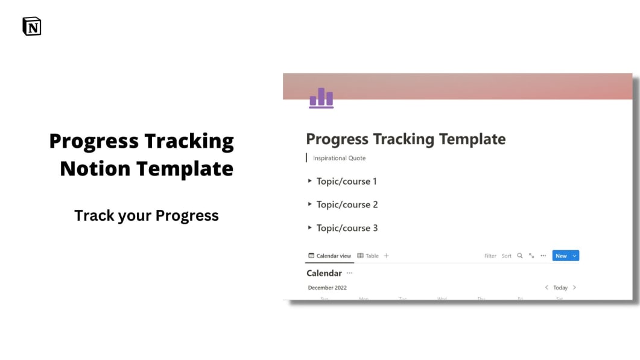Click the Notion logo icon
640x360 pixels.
pyautogui.click(x=32, y=27)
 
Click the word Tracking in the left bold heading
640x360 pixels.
pyautogui.click(x=189, y=141)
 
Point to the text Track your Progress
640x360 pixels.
pyautogui.click(x=147, y=215)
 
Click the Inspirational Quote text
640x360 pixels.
pyautogui.click(x=339, y=158)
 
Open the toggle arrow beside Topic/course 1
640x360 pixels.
pyautogui.click(x=310, y=181)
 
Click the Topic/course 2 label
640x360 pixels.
pyautogui.click(x=347, y=204)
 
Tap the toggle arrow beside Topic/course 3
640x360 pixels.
pyautogui.click(x=310, y=228)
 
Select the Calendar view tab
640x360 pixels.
pyautogui.click(x=329, y=256)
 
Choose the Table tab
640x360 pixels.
pyautogui.click(x=368, y=256)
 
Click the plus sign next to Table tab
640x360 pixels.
pyautogui.click(x=387, y=256)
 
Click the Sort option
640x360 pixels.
pyautogui.click(x=507, y=256)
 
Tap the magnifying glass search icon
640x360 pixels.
pyautogui.click(x=520, y=256)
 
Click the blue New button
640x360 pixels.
pyautogui.click(x=561, y=256)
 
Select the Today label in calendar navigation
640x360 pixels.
pyautogui.click(x=560, y=288)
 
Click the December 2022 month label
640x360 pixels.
pyautogui.click(x=328, y=288)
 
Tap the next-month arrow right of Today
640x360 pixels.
pyautogui.click(x=574, y=288)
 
